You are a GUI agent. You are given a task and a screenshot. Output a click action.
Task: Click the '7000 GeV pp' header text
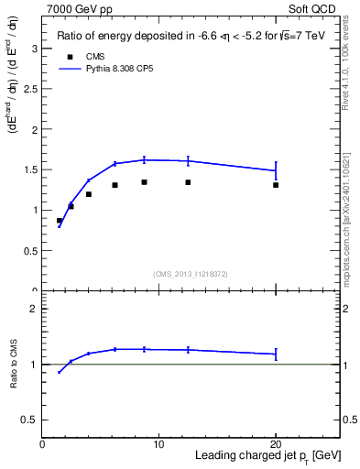[x=77, y=7]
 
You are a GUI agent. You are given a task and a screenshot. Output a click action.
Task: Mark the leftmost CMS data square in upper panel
[x=60, y=221]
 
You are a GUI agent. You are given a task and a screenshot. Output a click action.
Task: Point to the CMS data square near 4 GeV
[x=89, y=194]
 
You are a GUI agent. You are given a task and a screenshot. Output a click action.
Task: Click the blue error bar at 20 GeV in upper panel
[x=276, y=170]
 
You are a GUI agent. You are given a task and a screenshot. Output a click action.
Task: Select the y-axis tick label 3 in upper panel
[x=35, y=49]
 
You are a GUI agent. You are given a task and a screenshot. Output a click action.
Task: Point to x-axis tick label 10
[x=158, y=444]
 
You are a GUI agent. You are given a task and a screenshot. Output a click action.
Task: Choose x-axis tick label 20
[x=276, y=444]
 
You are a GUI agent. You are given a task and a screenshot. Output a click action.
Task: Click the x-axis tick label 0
[x=42, y=444]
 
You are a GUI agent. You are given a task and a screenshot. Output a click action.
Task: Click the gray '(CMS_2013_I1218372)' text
[x=191, y=274]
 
